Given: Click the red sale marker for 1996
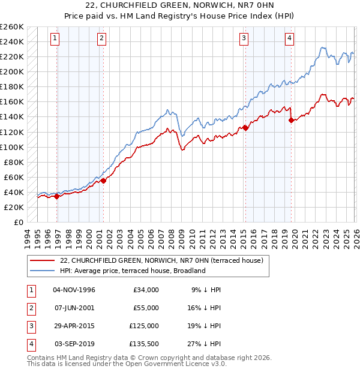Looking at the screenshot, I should coord(56,196).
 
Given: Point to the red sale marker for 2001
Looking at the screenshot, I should coord(103,180).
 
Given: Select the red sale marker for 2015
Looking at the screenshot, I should coord(245,128).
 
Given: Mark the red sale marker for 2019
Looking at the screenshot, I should coord(291,120).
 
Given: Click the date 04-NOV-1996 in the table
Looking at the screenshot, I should coord(74,290).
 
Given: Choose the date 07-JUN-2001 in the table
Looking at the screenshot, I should coord(74,308).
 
